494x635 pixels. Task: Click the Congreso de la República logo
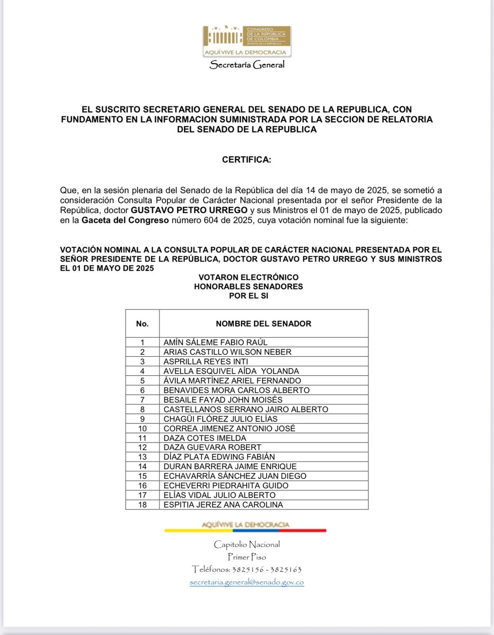tap(247, 41)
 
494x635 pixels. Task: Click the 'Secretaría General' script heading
tap(247, 64)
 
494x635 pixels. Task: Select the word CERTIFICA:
tap(247, 160)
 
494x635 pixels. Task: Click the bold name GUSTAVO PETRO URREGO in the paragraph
tap(189, 210)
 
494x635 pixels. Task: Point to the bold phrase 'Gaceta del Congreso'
tap(125, 220)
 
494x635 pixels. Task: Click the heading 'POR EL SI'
tap(249, 296)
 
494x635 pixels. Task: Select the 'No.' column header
tap(142, 323)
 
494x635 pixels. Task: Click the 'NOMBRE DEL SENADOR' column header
tap(263, 323)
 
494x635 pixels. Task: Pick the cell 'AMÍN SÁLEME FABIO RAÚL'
tap(215, 342)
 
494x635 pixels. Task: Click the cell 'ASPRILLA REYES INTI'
tap(206, 362)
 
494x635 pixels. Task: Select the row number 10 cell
tap(142, 429)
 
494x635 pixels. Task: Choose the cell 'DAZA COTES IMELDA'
tap(205, 438)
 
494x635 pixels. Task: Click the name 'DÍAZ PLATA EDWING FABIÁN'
tap(219, 457)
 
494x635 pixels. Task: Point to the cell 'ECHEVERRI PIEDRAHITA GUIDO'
tap(226, 485)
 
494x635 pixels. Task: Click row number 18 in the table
tap(142, 505)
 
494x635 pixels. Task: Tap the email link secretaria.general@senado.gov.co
tap(247, 582)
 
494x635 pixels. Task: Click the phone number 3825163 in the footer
tap(286, 570)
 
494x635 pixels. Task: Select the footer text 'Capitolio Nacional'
tap(247, 544)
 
